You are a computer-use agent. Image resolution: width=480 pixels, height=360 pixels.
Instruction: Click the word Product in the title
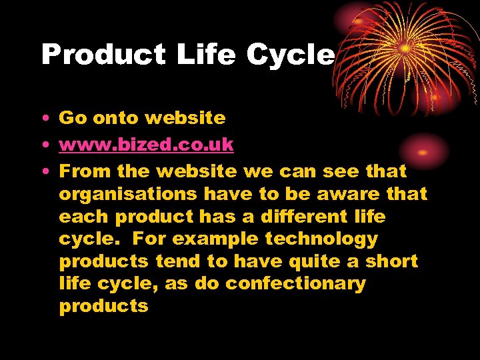coord(103,55)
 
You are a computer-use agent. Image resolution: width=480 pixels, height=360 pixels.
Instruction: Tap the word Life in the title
coord(206,55)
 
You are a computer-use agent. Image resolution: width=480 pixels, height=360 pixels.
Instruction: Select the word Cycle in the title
coord(289,55)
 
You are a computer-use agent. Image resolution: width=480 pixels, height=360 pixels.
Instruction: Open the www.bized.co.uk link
coord(146,145)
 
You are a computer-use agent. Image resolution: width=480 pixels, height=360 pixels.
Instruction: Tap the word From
coord(85,171)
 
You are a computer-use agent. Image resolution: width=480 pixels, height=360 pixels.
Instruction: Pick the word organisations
coord(128,194)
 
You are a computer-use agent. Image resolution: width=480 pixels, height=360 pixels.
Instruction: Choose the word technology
coord(321,239)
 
